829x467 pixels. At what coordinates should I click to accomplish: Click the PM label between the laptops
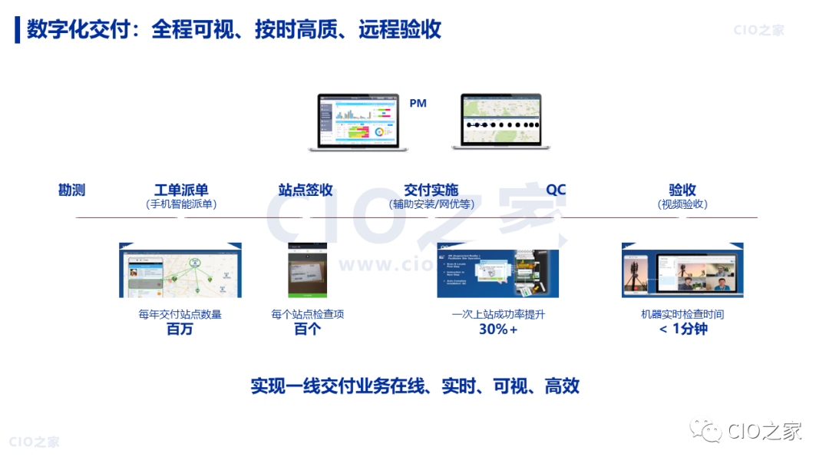click(x=418, y=104)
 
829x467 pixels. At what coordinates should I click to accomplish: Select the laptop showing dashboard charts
click(x=358, y=121)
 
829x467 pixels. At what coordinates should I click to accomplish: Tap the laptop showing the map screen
click(x=500, y=121)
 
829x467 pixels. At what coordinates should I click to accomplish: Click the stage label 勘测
click(x=71, y=190)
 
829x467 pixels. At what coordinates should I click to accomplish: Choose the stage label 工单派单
click(x=181, y=190)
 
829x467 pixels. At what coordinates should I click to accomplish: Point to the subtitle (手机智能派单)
click(x=181, y=204)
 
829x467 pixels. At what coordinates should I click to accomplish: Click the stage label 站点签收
click(x=306, y=190)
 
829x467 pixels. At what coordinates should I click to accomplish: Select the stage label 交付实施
click(x=431, y=190)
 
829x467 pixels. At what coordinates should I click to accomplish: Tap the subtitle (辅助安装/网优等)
click(x=431, y=204)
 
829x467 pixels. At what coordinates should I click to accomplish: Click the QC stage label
click(x=556, y=190)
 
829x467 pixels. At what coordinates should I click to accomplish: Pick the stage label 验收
click(x=682, y=190)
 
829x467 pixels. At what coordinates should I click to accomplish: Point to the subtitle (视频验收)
click(x=682, y=204)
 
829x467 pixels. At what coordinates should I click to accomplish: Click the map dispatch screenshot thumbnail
click(x=180, y=270)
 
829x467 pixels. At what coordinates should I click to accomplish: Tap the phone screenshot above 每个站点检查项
click(x=308, y=270)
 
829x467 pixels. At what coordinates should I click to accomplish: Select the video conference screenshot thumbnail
click(x=682, y=270)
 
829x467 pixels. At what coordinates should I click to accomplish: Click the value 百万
click(x=180, y=330)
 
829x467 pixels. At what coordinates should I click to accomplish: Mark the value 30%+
click(x=498, y=330)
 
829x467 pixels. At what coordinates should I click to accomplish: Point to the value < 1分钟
click(x=682, y=330)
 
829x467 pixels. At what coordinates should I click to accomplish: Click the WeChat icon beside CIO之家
click(x=705, y=432)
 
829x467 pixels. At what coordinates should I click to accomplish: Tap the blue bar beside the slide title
click(x=18, y=30)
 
